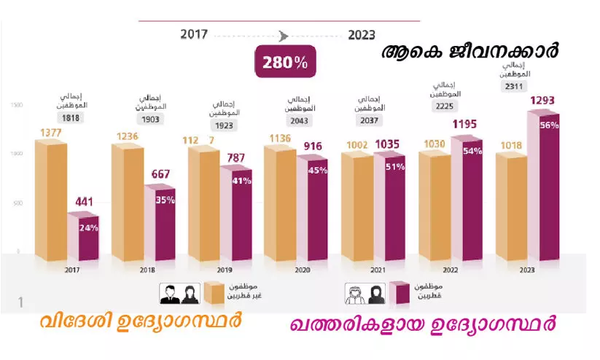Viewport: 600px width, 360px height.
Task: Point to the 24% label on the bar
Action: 89,227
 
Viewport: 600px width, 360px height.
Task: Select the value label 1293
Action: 545,100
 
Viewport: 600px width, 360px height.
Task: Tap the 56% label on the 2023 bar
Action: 549,125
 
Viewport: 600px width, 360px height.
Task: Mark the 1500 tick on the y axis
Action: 16,106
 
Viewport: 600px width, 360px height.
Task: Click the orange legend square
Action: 213,294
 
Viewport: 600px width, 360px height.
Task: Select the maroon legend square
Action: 398,294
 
